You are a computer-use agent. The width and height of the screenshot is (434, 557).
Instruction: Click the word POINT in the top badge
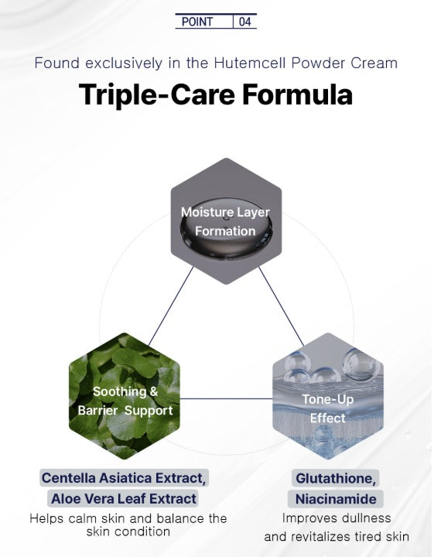coord(197,22)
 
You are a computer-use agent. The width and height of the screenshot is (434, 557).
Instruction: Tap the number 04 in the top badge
coord(245,22)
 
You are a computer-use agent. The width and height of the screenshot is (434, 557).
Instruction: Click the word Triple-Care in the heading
coord(156,95)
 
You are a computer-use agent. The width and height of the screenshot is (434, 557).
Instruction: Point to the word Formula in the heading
coord(298,94)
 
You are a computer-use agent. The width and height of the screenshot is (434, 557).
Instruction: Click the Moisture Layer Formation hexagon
coord(226,221)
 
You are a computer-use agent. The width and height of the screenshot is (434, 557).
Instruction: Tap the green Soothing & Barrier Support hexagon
coord(125,396)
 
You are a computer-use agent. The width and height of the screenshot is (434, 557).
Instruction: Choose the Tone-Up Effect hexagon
coord(328,396)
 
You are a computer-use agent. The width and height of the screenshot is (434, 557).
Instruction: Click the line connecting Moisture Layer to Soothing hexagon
coord(171,306)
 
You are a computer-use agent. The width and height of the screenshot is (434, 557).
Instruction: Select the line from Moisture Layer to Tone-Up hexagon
coord(282,306)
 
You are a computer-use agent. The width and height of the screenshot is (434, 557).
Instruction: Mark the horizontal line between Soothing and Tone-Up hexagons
coord(226,398)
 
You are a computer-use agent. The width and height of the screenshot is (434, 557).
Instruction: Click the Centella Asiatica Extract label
coord(124,478)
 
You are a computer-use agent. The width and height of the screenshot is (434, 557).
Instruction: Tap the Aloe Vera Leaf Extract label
coord(124,499)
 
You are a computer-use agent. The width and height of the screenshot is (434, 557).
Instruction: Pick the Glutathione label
coord(336,478)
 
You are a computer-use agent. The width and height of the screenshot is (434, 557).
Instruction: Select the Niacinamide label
coord(336,499)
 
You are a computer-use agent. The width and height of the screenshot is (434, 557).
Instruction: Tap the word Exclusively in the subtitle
coord(124,63)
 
